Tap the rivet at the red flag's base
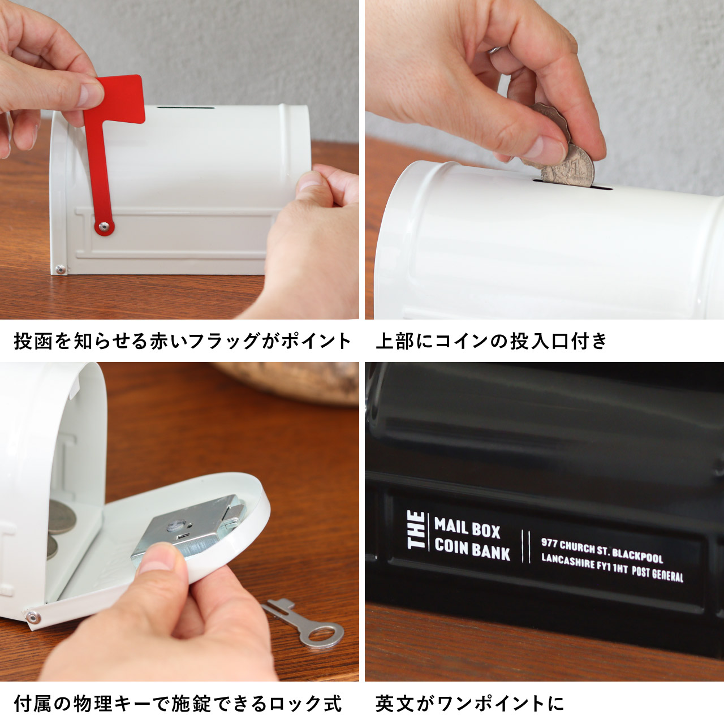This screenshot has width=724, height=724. click(104, 227)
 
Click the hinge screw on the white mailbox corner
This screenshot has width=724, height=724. click(60, 270)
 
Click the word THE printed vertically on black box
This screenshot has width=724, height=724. click(417, 530)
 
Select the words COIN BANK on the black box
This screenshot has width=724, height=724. click(472, 550)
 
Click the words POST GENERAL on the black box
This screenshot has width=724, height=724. click(657, 574)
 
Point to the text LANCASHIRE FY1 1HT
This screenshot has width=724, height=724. click(584, 563)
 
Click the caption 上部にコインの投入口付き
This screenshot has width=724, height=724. click(492, 341)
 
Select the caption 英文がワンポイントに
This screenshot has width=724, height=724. click(470, 704)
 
